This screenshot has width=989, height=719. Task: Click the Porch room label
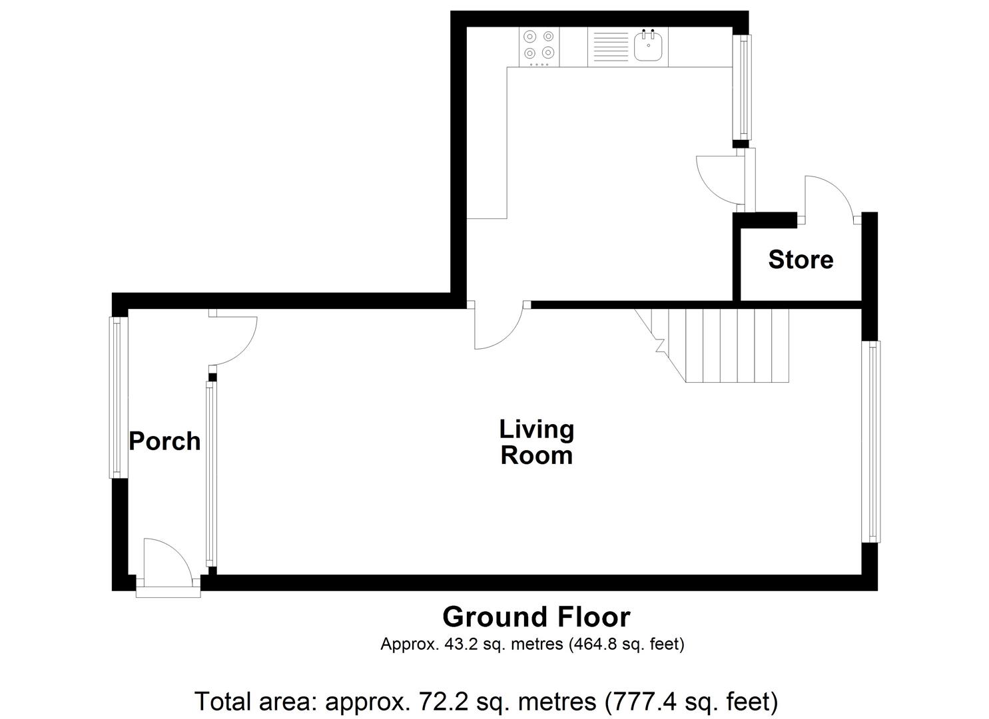[x=164, y=441]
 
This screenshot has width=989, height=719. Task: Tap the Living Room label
[x=536, y=443]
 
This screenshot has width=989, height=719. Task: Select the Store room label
[x=800, y=260]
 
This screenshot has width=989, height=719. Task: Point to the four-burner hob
[x=539, y=46]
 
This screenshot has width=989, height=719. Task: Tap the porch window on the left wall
[x=118, y=397]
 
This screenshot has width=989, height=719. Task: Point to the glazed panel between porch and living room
[x=210, y=473]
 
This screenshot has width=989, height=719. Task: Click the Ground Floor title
[x=536, y=617]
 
